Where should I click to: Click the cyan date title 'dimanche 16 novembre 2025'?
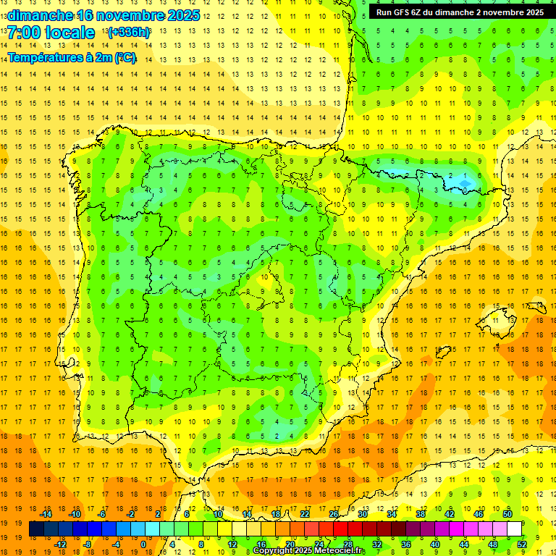103,15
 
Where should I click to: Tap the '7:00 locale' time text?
51,33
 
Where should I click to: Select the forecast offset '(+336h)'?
129,33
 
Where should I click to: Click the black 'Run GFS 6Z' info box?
460,12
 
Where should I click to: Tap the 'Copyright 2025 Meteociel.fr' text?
309,551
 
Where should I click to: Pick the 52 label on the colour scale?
522,544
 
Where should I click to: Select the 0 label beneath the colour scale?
144,544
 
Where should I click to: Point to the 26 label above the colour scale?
333,514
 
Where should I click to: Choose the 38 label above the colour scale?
420,514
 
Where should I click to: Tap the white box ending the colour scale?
514,529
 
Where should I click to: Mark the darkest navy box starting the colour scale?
36,529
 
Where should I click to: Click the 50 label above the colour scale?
507,514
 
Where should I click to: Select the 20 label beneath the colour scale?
290,544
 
